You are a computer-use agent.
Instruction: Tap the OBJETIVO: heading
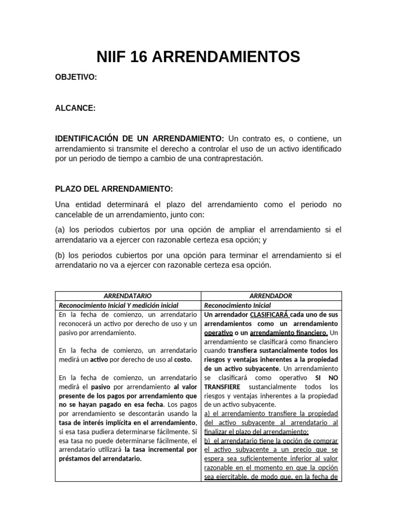click(76, 77)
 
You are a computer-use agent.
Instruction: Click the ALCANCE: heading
click(75, 108)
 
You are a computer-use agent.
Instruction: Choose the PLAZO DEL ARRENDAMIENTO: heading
click(114, 189)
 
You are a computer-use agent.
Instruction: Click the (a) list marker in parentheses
click(60, 229)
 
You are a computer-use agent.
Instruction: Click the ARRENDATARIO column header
click(128, 296)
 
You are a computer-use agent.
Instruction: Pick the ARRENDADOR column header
click(271, 296)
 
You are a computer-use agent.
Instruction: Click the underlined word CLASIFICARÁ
click(269, 315)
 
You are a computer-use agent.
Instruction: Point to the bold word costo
click(182, 359)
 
